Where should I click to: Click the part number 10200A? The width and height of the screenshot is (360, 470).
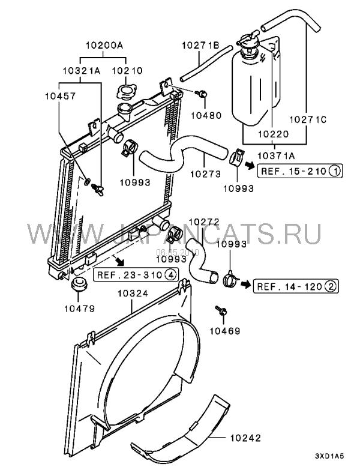pos(103,44)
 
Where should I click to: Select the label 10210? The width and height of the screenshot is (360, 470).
pos(127,70)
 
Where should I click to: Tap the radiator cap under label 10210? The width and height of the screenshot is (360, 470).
pos(126,94)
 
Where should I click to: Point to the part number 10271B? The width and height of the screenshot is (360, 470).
pos(200,44)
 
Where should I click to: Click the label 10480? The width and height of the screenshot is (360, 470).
pos(205,115)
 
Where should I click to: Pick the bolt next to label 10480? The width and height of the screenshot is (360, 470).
pos(202,93)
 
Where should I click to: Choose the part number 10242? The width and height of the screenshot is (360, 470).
pos(247,439)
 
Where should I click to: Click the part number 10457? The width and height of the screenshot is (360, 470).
pos(58,94)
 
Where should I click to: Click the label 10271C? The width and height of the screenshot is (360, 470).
pos(310,119)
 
